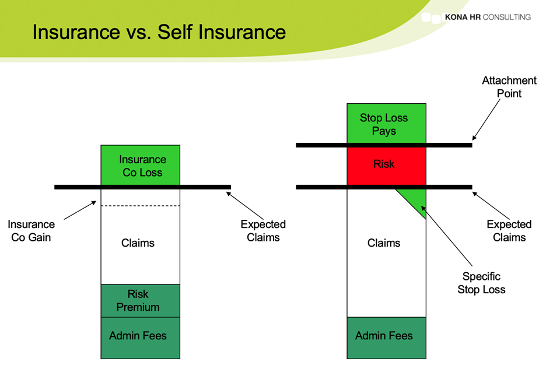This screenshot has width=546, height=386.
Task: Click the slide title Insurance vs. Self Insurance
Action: pyautogui.click(x=159, y=31)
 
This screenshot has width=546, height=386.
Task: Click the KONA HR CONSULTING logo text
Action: pyautogui.click(x=487, y=17)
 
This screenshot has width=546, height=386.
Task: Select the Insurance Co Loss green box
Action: pyautogui.click(x=141, y=166)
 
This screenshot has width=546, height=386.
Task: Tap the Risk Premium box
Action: pyautogui.click(x=140, y=301)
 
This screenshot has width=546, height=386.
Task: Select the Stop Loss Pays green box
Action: pyautogui.click(x=385, y=124)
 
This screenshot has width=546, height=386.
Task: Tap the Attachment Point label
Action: pyautogui.click(x=509, y=87)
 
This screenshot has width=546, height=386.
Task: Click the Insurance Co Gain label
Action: pyautogui.click(x=31, y=231)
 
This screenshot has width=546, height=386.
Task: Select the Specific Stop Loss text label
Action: pyautogui.click(x=481, y=283)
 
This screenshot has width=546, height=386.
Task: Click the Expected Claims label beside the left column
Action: pyautogui.click(x=263, y=231)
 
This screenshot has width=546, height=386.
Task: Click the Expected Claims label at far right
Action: pyautogui.click(x=509, y=231)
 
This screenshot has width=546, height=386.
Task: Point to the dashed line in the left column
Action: pyautogui.click(x=141, y=206)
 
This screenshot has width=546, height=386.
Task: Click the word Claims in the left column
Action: pyautogui.click(x=138, y=243)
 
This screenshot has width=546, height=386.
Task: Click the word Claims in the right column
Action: pyautogui.click(x=384, y=243)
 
